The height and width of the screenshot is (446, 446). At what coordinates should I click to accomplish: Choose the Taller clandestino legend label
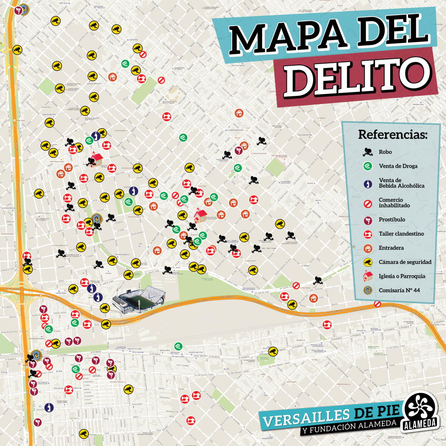click(x=401, y=234)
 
